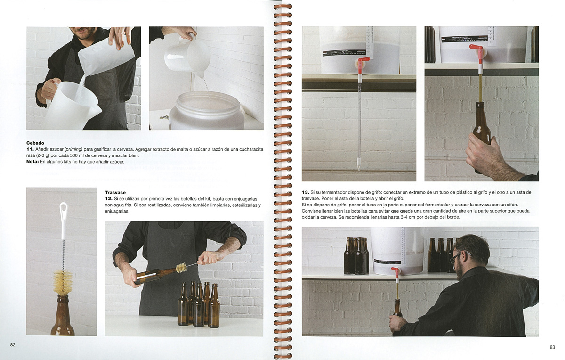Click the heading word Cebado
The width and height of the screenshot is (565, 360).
35,143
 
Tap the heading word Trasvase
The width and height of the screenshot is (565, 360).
115,192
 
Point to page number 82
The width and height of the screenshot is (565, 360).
13,344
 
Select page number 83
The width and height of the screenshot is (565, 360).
552,347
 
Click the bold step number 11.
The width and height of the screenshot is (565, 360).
30,149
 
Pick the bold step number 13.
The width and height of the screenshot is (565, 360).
306,192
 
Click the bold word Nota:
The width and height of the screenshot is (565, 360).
32,161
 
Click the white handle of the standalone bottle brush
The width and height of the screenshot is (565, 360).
63,220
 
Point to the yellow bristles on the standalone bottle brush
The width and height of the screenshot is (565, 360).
62,282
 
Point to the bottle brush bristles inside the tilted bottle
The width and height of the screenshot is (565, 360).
181,268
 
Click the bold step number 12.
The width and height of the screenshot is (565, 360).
108,199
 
